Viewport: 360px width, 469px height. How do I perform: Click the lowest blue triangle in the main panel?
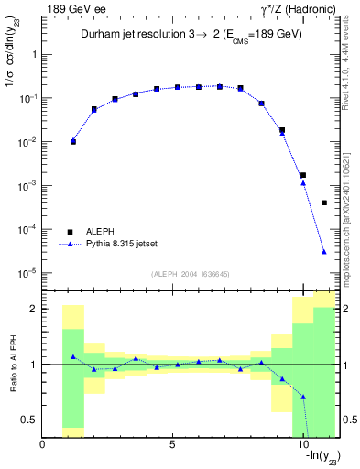(324, 252)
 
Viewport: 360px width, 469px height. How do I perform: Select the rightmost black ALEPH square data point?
(324, 202)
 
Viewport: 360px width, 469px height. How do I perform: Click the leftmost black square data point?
(73, 142)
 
